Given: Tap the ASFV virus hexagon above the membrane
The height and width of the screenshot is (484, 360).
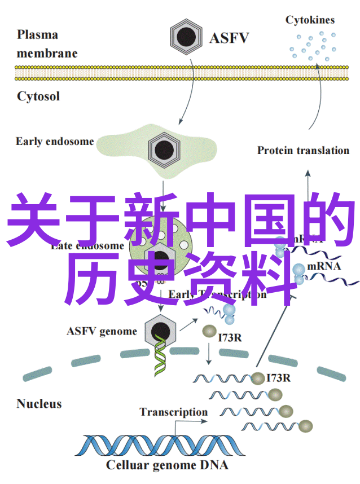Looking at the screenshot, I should (x=186, y=37).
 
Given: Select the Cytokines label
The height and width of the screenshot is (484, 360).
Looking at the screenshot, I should (x=310, y=20).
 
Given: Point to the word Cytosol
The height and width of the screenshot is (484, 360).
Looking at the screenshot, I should (x=38, y=96).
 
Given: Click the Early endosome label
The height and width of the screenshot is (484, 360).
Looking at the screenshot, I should (x=55, y=142).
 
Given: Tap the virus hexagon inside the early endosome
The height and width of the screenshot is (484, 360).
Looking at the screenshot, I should (x=164, y=149).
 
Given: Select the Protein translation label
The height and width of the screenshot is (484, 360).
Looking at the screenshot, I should (x=303, y=151).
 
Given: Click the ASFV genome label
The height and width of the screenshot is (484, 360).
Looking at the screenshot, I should (x=102, y=331).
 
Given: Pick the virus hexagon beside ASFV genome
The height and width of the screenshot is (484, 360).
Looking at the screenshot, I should (x=160, y=332).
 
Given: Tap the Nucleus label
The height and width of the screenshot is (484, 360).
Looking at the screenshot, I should (x=39, y=404).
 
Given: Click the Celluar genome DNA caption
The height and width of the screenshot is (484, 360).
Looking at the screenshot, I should (x=167, y=466).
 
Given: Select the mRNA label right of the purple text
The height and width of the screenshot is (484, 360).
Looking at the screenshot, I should (x=324, y=266).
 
